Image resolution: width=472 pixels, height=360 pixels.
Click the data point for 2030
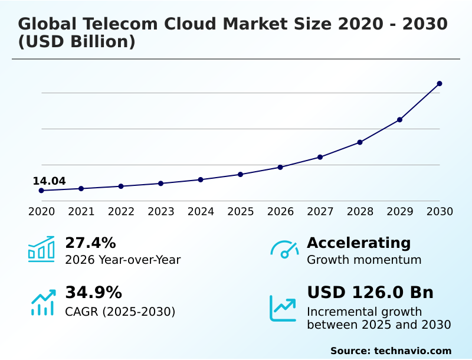(x=440, y=84)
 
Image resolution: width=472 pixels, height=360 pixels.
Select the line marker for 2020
(x=41, y=191)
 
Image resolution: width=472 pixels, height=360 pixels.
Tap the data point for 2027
(x=320, y=157)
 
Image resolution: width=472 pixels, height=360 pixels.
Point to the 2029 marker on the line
(x=399, y=120)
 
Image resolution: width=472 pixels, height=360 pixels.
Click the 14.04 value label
(x=49, y=181)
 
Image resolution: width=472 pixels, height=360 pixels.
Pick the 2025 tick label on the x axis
(x=241, y=212)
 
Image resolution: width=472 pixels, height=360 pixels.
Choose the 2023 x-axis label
(x=161, y=212)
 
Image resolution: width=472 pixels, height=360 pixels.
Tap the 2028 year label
(x=360, y=212)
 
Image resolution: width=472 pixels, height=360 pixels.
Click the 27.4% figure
(x=90, y=243)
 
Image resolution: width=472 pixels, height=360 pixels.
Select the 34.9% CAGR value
(x=93, y=293)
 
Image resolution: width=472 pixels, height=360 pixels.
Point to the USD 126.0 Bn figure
(x=370, y=293)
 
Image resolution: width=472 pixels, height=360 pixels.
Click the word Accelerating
(x=359, y=243)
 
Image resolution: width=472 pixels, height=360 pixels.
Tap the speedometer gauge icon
(x=284, y=250)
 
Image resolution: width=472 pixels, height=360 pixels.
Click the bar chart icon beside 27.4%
(x=41, y=249)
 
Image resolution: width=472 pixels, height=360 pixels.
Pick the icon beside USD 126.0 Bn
(x=283, y=307)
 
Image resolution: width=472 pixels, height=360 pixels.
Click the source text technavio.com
(x=412, y=351)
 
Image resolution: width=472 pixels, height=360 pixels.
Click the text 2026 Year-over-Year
(x=123, y=260)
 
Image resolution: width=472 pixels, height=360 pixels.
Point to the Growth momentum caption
(x=364, y=260)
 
